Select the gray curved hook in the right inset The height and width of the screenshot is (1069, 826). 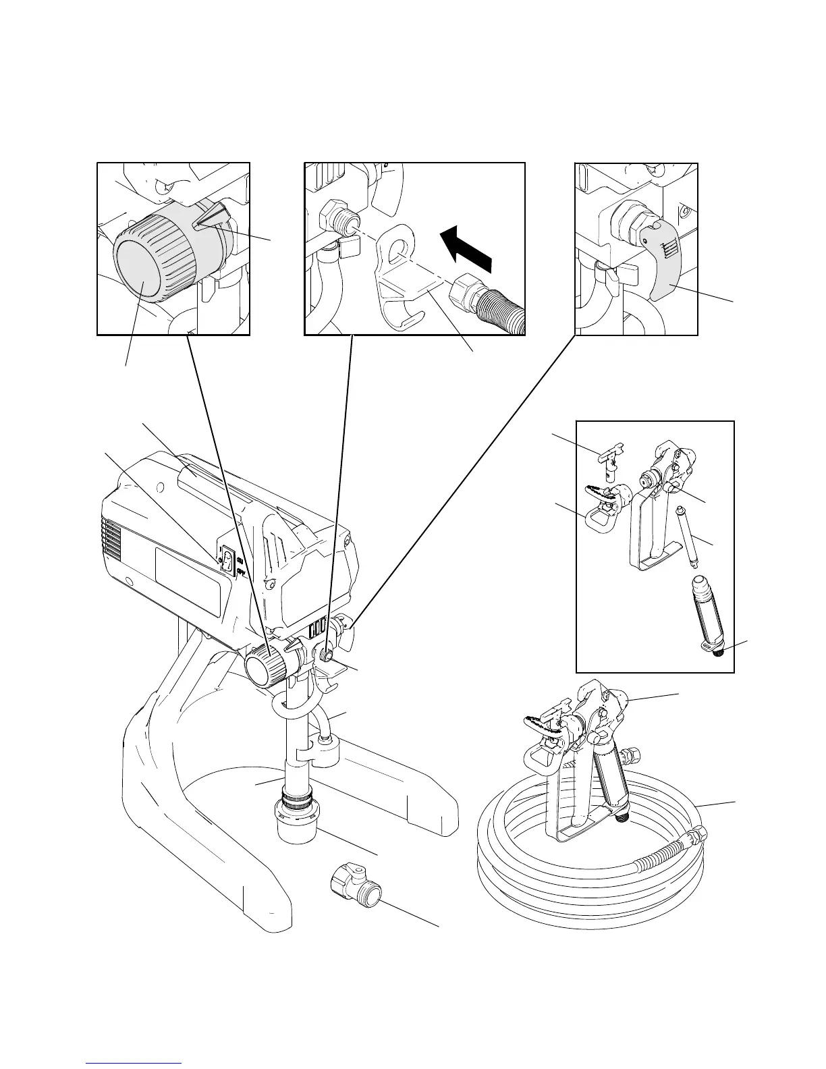(665, 270)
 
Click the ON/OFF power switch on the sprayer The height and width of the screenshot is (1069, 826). (228, 559)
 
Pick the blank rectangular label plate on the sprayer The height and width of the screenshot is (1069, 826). (188, 581)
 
